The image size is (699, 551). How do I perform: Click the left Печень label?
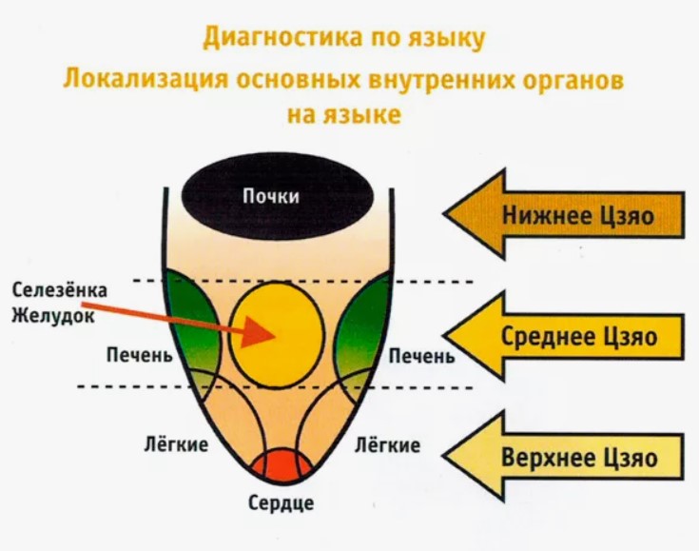point(139,357)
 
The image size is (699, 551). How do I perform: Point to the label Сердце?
point(282,503)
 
